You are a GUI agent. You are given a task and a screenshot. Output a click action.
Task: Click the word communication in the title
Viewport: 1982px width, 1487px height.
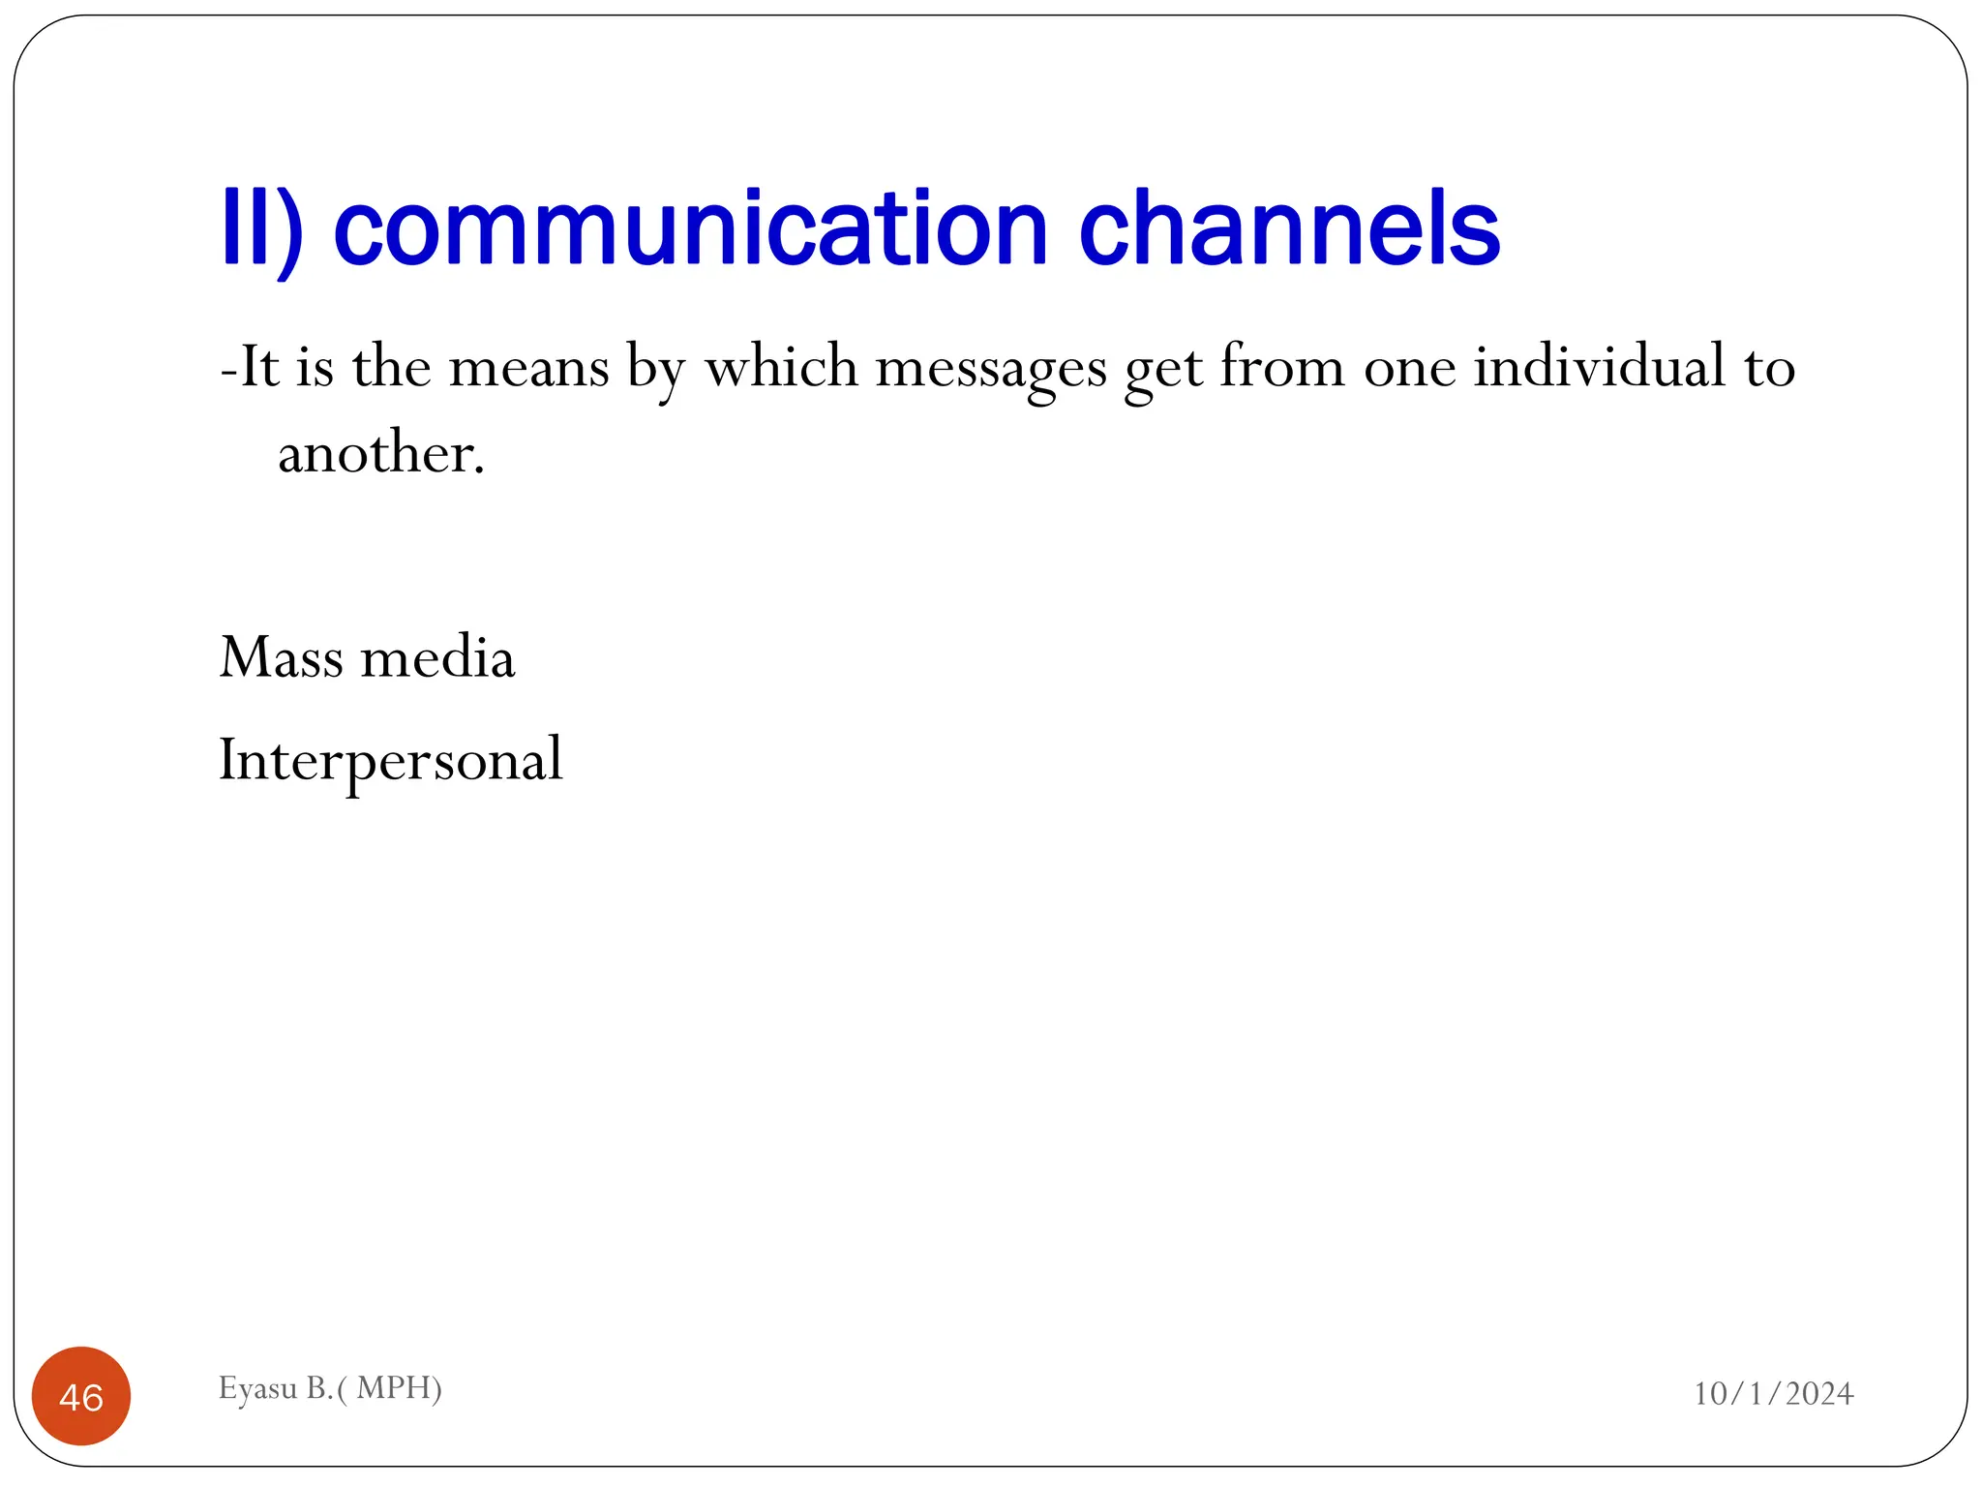click(x=690, y=229)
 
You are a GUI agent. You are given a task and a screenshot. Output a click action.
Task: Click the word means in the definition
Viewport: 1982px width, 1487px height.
click(x=528, y=368)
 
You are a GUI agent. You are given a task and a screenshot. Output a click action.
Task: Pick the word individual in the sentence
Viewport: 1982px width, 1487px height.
click(x=1600, y=367)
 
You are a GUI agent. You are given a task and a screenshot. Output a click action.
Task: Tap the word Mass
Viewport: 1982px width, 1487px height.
click(x=282, y=657)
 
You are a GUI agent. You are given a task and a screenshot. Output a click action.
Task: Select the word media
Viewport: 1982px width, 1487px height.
click(x=437, y=657)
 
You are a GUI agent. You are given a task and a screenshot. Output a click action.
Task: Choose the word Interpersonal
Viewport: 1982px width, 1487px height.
click(x=391, y=760)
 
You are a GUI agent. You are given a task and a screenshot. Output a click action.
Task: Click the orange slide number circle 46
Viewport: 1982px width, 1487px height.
click(x=81, y=1396)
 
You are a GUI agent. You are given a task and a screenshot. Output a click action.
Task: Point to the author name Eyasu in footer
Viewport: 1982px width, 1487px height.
click(x=257, y=1389)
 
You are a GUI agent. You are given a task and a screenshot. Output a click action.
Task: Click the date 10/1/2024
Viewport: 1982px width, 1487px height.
click(x=1773, y=1394)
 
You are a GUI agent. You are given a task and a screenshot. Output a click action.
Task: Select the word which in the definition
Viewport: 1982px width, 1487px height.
click(x=781, y=367)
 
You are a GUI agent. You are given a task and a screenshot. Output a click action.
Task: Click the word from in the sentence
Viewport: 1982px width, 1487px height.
click(x=1281, y=367)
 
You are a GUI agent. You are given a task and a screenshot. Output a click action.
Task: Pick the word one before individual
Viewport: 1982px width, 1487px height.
click(x=1409, y=369)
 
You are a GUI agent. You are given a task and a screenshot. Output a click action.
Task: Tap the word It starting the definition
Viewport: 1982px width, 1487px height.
click(x=258, y=367)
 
